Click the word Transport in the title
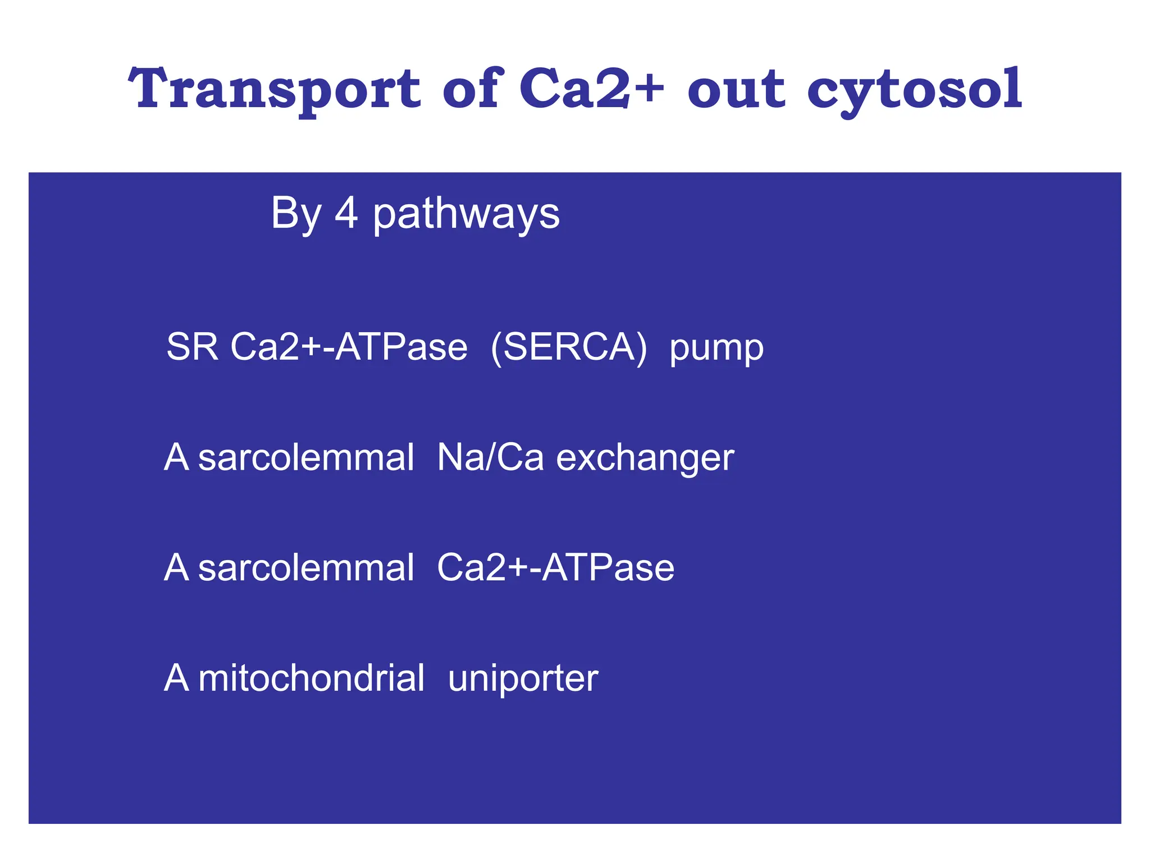click(x=274, y=90)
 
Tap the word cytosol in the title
click(x=914, y=90)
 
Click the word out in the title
click(x=736, y=90)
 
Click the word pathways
click(x=466, y=214)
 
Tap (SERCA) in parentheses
click(x=568, y=347)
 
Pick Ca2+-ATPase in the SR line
click(x=349, y=346)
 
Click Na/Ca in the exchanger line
click(x=490, y=457)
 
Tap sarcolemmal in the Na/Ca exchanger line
click(x=306, y=457)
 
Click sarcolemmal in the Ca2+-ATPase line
click(x=306, y=567)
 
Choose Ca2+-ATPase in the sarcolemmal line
click(x=555, y=567)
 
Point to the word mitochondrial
click(x=311, y=678)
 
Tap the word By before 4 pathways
click(x=296, y=214)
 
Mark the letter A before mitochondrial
click(x=176, y=678)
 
